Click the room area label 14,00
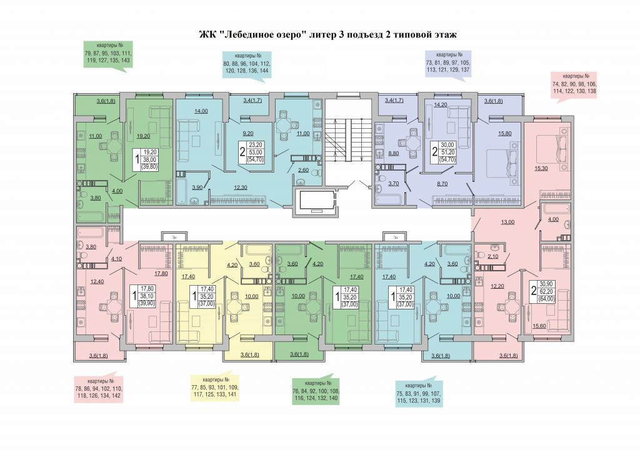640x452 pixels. (201, 111)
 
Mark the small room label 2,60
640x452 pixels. (302, 170)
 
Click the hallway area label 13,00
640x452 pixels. (507, 222)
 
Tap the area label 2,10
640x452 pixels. (492, 256)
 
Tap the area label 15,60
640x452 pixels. (539, 325)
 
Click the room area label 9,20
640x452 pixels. (249, 133)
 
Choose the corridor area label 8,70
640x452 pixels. (441, 183)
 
